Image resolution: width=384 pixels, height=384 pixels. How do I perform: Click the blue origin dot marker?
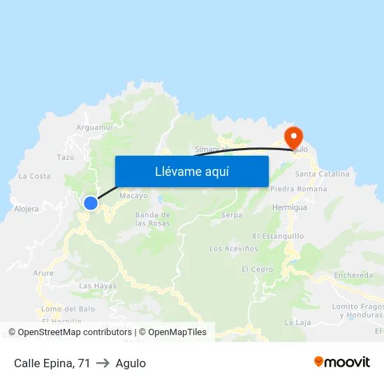(91, 203)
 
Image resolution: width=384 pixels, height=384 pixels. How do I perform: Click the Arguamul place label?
(94, 127)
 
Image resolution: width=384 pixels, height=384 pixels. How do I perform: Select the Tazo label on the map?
(66, 157)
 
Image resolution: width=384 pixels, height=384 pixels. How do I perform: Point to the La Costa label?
(35, 176)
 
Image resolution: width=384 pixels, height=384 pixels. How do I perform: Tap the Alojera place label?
(27, 208)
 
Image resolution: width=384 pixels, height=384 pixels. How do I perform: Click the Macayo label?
(133, 196)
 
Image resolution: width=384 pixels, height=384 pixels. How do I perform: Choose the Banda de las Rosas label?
(152, 219)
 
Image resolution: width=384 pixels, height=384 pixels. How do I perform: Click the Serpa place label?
(232, 215)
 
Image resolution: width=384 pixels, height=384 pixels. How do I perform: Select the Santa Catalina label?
(322, 174)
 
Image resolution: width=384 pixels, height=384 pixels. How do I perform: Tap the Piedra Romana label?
(298, 189)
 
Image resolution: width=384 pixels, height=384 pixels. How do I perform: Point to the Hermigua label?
(290, 207)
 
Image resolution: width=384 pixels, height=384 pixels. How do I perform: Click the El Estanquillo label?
(278, 236)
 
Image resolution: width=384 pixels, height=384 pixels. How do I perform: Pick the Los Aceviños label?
(234, 248)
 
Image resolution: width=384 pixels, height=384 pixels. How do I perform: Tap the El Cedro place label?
(257, 269)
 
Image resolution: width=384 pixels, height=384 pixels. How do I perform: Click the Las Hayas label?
(98, 286)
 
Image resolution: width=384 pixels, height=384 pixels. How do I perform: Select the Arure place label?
(43, 273)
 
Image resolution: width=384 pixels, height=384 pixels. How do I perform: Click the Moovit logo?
(342, 362)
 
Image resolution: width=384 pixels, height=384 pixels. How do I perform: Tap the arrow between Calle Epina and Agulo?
(103, 363)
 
